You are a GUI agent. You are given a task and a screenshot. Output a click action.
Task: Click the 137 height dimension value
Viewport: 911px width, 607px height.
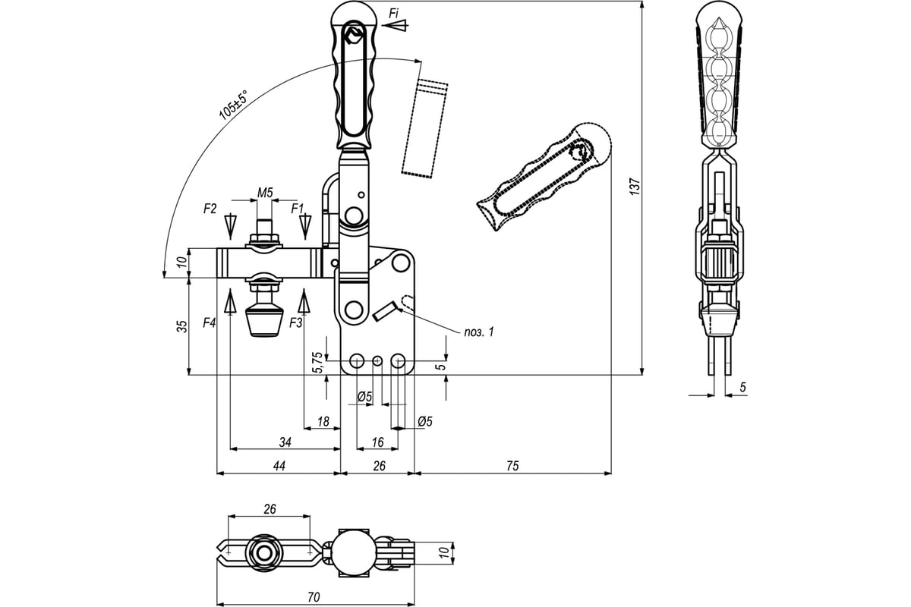(635, 187)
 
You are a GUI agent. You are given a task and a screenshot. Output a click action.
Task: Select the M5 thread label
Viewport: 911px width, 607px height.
(264, 193)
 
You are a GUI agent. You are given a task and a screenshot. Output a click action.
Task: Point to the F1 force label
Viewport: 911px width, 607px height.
(298, 207)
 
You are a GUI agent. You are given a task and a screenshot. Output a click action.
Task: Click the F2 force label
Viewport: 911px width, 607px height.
(210, 207)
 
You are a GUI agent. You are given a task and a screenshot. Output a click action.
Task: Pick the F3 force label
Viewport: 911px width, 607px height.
(296, 322)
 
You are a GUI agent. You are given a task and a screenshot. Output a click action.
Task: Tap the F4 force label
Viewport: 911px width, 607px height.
(210, 322)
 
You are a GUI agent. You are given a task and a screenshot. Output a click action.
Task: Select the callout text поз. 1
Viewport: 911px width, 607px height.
(479, 332)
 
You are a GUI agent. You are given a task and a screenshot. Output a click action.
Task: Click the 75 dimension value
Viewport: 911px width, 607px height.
(512, 466)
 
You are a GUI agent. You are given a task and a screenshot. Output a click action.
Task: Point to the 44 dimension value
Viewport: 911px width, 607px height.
(279, 466)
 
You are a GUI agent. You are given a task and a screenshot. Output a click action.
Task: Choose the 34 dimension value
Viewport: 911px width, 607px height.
(285, 442)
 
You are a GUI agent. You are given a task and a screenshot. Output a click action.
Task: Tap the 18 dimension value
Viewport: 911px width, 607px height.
(323, 422)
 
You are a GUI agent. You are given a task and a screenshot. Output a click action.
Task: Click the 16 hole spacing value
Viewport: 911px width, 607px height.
(377, 442)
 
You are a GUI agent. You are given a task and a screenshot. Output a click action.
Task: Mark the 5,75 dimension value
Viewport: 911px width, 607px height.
(318, 363)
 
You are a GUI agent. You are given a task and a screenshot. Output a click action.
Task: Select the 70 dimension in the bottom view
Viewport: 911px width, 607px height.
(314, 597)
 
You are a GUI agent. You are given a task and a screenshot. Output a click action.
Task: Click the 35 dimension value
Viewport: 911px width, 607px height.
(181, 326)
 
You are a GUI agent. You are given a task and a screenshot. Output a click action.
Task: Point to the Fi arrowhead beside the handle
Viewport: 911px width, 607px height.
(397, 25)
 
